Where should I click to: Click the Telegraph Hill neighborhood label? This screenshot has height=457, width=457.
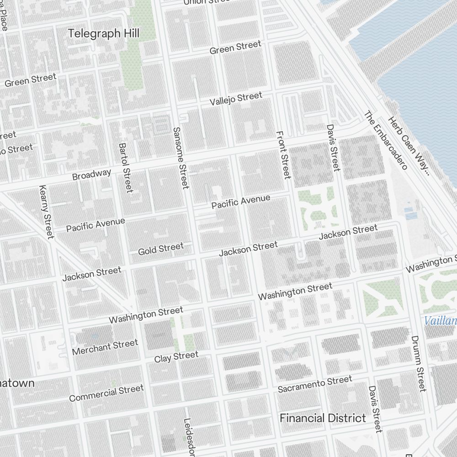104,33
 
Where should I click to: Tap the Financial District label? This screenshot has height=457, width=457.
323,418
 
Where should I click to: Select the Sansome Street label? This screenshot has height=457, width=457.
181,158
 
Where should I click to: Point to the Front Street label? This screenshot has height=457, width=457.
283,155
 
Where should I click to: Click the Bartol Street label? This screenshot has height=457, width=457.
125,168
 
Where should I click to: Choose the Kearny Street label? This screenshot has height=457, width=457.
47,212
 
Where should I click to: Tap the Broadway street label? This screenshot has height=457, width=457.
91,175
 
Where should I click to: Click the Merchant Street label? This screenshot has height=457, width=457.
105,347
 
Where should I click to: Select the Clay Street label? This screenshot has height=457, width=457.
176,356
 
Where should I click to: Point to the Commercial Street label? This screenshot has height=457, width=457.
106,393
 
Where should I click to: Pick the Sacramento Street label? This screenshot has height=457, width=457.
315,384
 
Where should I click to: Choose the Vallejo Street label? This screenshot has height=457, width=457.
236,98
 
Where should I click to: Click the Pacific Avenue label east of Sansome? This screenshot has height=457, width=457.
241,202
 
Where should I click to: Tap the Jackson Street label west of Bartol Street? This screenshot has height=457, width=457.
92,274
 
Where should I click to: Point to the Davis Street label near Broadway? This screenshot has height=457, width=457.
333,147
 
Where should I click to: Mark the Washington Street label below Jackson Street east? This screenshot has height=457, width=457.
295,292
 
